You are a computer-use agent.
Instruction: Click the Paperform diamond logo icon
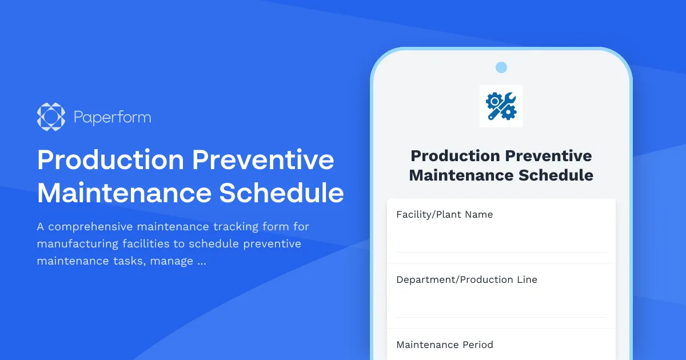pos(51,117)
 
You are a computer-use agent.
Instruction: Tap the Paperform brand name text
pos(112,118)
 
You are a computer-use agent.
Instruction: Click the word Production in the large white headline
pos(110,159)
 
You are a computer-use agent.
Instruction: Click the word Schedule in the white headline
pos(282,193)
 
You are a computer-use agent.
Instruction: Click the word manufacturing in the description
pos(78,244)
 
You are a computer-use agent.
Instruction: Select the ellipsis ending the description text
pos(201,262)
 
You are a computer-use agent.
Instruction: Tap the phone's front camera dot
pos(501,67)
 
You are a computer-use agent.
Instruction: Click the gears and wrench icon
pos(501,106)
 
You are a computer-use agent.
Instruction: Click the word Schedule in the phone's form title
pos(556,175)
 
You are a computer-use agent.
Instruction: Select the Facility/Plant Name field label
pos(444,214)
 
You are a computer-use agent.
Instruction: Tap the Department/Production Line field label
pos(466,279)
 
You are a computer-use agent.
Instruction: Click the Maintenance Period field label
pos(444,345)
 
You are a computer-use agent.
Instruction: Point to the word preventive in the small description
pos(272,244)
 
